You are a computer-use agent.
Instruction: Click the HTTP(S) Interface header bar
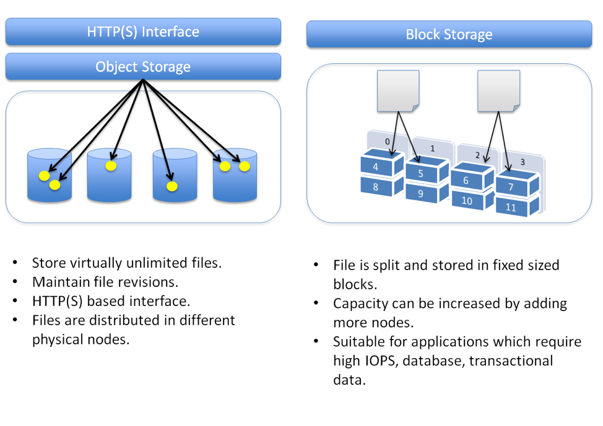point(143,32)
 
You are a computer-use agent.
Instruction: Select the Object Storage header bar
point(143,67)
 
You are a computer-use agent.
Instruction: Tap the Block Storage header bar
point(449,35)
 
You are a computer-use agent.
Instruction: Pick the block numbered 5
point(421,174)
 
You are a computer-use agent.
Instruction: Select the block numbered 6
point(466,180)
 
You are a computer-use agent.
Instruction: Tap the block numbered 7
point(511,187)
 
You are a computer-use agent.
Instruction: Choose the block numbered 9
point(421,194)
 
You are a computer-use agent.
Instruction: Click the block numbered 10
point(467,200)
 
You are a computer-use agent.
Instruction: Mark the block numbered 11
point(511,208)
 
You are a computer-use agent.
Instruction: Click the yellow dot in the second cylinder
point(111,166)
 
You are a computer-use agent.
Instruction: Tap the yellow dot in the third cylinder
point(172,186)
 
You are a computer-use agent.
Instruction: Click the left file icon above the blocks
point(397,91)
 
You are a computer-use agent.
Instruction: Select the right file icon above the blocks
point(498,91)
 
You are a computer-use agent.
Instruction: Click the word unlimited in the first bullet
point(157,262)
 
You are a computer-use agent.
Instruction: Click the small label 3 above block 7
point(523,162)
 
